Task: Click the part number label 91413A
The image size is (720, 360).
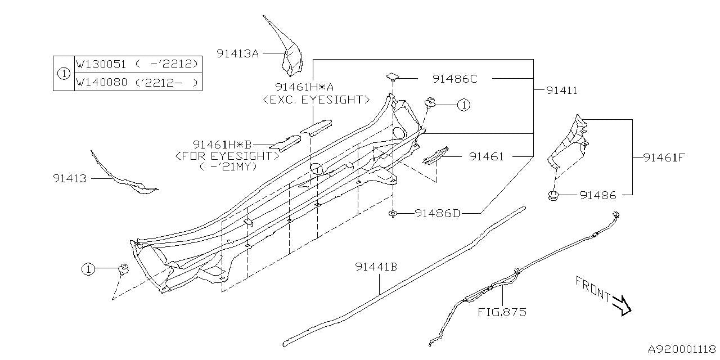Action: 237,53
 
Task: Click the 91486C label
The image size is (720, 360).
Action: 454,79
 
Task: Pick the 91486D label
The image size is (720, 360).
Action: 438,213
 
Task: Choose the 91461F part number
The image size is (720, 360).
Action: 664,157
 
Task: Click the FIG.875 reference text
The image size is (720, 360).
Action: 502,312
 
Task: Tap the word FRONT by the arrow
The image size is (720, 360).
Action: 592,288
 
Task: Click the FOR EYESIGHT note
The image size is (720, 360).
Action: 227,155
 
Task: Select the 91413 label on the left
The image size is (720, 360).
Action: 70,178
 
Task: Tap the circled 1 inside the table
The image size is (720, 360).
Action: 64,73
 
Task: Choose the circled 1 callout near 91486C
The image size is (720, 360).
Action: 463,105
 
